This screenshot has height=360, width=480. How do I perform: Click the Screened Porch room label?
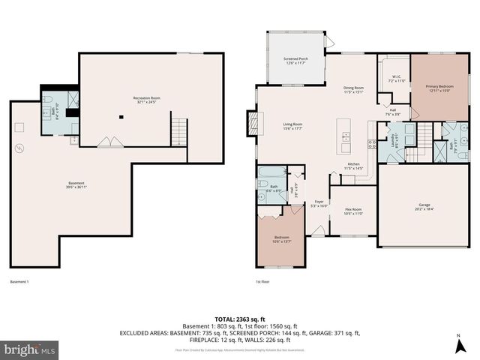click(x=295, y=60)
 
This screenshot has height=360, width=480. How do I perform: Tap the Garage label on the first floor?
click(x=424, y=205)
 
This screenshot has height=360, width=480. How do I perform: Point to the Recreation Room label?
click(x=148, y=100)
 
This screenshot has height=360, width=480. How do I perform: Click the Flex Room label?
click(x=353, y=211)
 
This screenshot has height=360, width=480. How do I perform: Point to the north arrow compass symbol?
click(x=458, y=346)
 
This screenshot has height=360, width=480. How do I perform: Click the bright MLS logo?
click(x=30, y=349)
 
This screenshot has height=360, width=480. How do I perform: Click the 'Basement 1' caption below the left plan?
click(x=19, y=282)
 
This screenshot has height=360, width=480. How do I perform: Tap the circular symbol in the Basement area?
click(x=20, y=148)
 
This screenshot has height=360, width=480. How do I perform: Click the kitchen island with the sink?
click(x=346, y=131)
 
